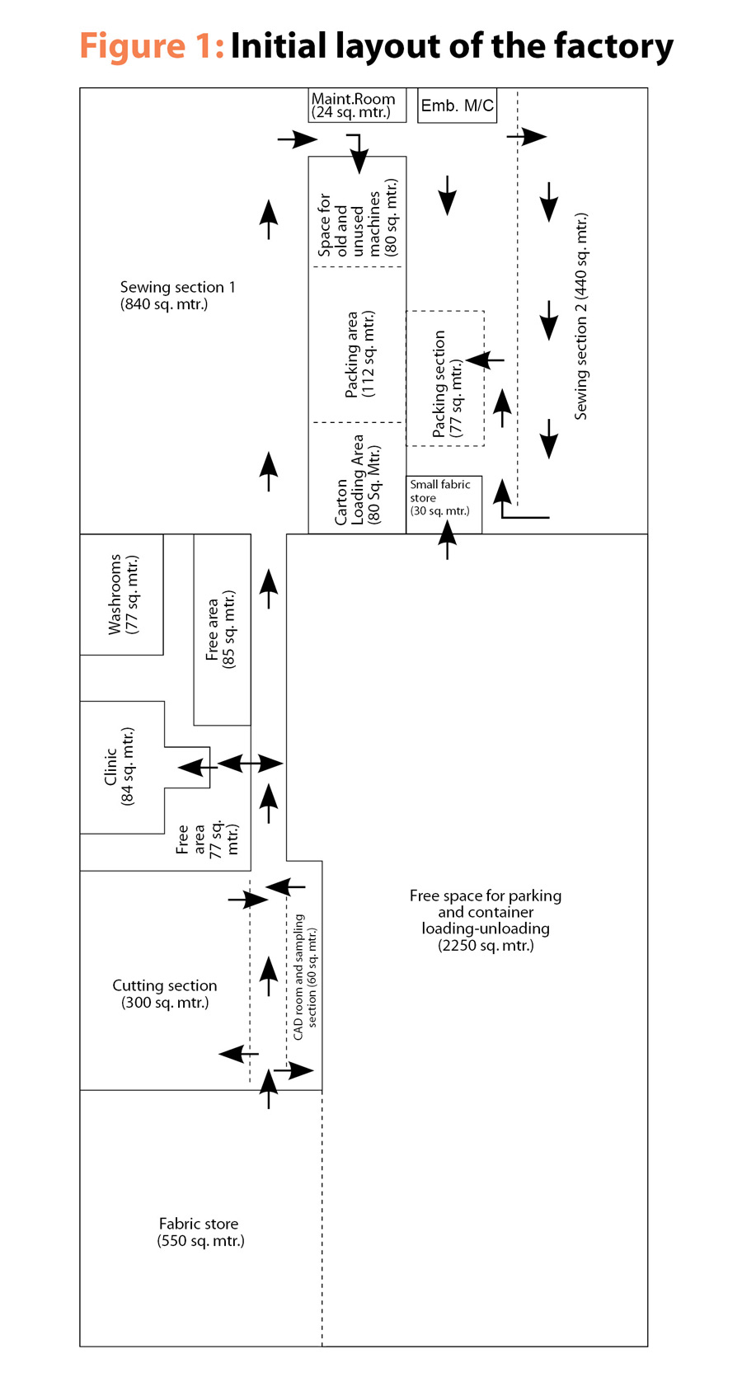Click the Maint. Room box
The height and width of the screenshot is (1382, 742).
pos(357,106)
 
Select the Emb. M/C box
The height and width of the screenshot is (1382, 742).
pos(457,106)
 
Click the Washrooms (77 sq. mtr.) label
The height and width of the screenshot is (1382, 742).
pos(123,595)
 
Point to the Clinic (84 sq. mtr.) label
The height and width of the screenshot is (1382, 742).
pos(119,767)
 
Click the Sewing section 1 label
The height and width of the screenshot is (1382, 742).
pos(177,295)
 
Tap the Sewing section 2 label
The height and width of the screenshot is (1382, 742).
pos(581,317)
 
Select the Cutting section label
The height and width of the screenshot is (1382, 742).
pos(165,994)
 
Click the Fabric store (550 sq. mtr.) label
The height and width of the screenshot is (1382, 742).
pos(200,1232)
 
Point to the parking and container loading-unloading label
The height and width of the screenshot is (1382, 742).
pos(486,920)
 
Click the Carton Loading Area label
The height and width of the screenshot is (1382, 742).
pos(358,480)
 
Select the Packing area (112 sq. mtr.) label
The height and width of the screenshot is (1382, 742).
pos(359,354)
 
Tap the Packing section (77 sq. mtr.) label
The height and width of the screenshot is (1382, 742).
pos(447,384)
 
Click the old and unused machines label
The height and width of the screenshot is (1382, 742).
pos(358,218)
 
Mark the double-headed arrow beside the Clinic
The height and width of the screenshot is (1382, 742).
pos(251,764)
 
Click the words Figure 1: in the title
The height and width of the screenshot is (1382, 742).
pos(153,45)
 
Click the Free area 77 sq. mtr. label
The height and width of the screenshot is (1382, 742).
pos(207,839)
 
